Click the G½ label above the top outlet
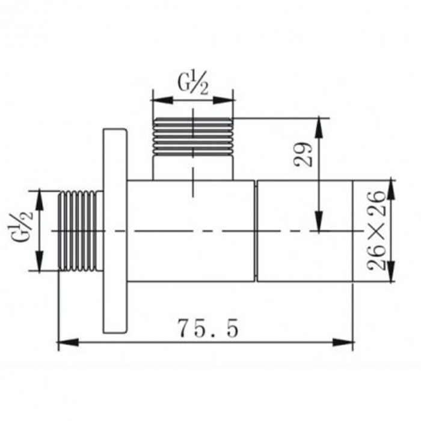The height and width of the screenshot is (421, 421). [192, 84]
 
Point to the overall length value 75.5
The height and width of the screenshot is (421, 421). [208, 328]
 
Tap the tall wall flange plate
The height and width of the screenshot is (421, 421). [115, 230]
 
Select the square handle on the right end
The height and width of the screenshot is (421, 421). [304, 230]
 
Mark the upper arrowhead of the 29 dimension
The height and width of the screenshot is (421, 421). [319, 124]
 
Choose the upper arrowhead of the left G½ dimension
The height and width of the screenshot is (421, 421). [40, 197]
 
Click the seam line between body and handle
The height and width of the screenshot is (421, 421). [256, 230]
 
